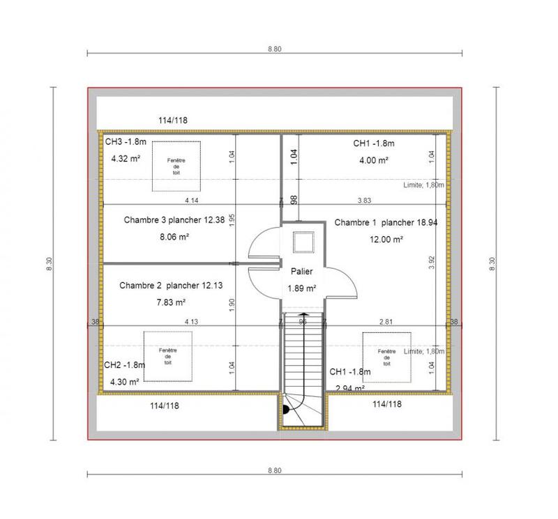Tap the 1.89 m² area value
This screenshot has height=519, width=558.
302,288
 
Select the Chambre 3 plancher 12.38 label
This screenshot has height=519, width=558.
174,220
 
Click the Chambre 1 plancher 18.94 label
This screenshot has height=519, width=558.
386,223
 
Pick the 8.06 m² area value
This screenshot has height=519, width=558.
175,237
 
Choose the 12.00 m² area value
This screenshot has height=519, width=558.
386,239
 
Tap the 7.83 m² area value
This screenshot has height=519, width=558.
171,302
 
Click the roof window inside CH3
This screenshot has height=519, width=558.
176,166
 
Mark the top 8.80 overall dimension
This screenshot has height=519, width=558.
274,49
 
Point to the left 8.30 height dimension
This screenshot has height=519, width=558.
48,264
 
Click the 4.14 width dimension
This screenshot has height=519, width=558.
192,201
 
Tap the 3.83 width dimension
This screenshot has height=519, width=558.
364,201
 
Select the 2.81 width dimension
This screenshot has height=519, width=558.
385,322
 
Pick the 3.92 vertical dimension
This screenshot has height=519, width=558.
432,262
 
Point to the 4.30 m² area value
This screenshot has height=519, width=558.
125,381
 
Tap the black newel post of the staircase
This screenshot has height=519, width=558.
285,410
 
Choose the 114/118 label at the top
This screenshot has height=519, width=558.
172,121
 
